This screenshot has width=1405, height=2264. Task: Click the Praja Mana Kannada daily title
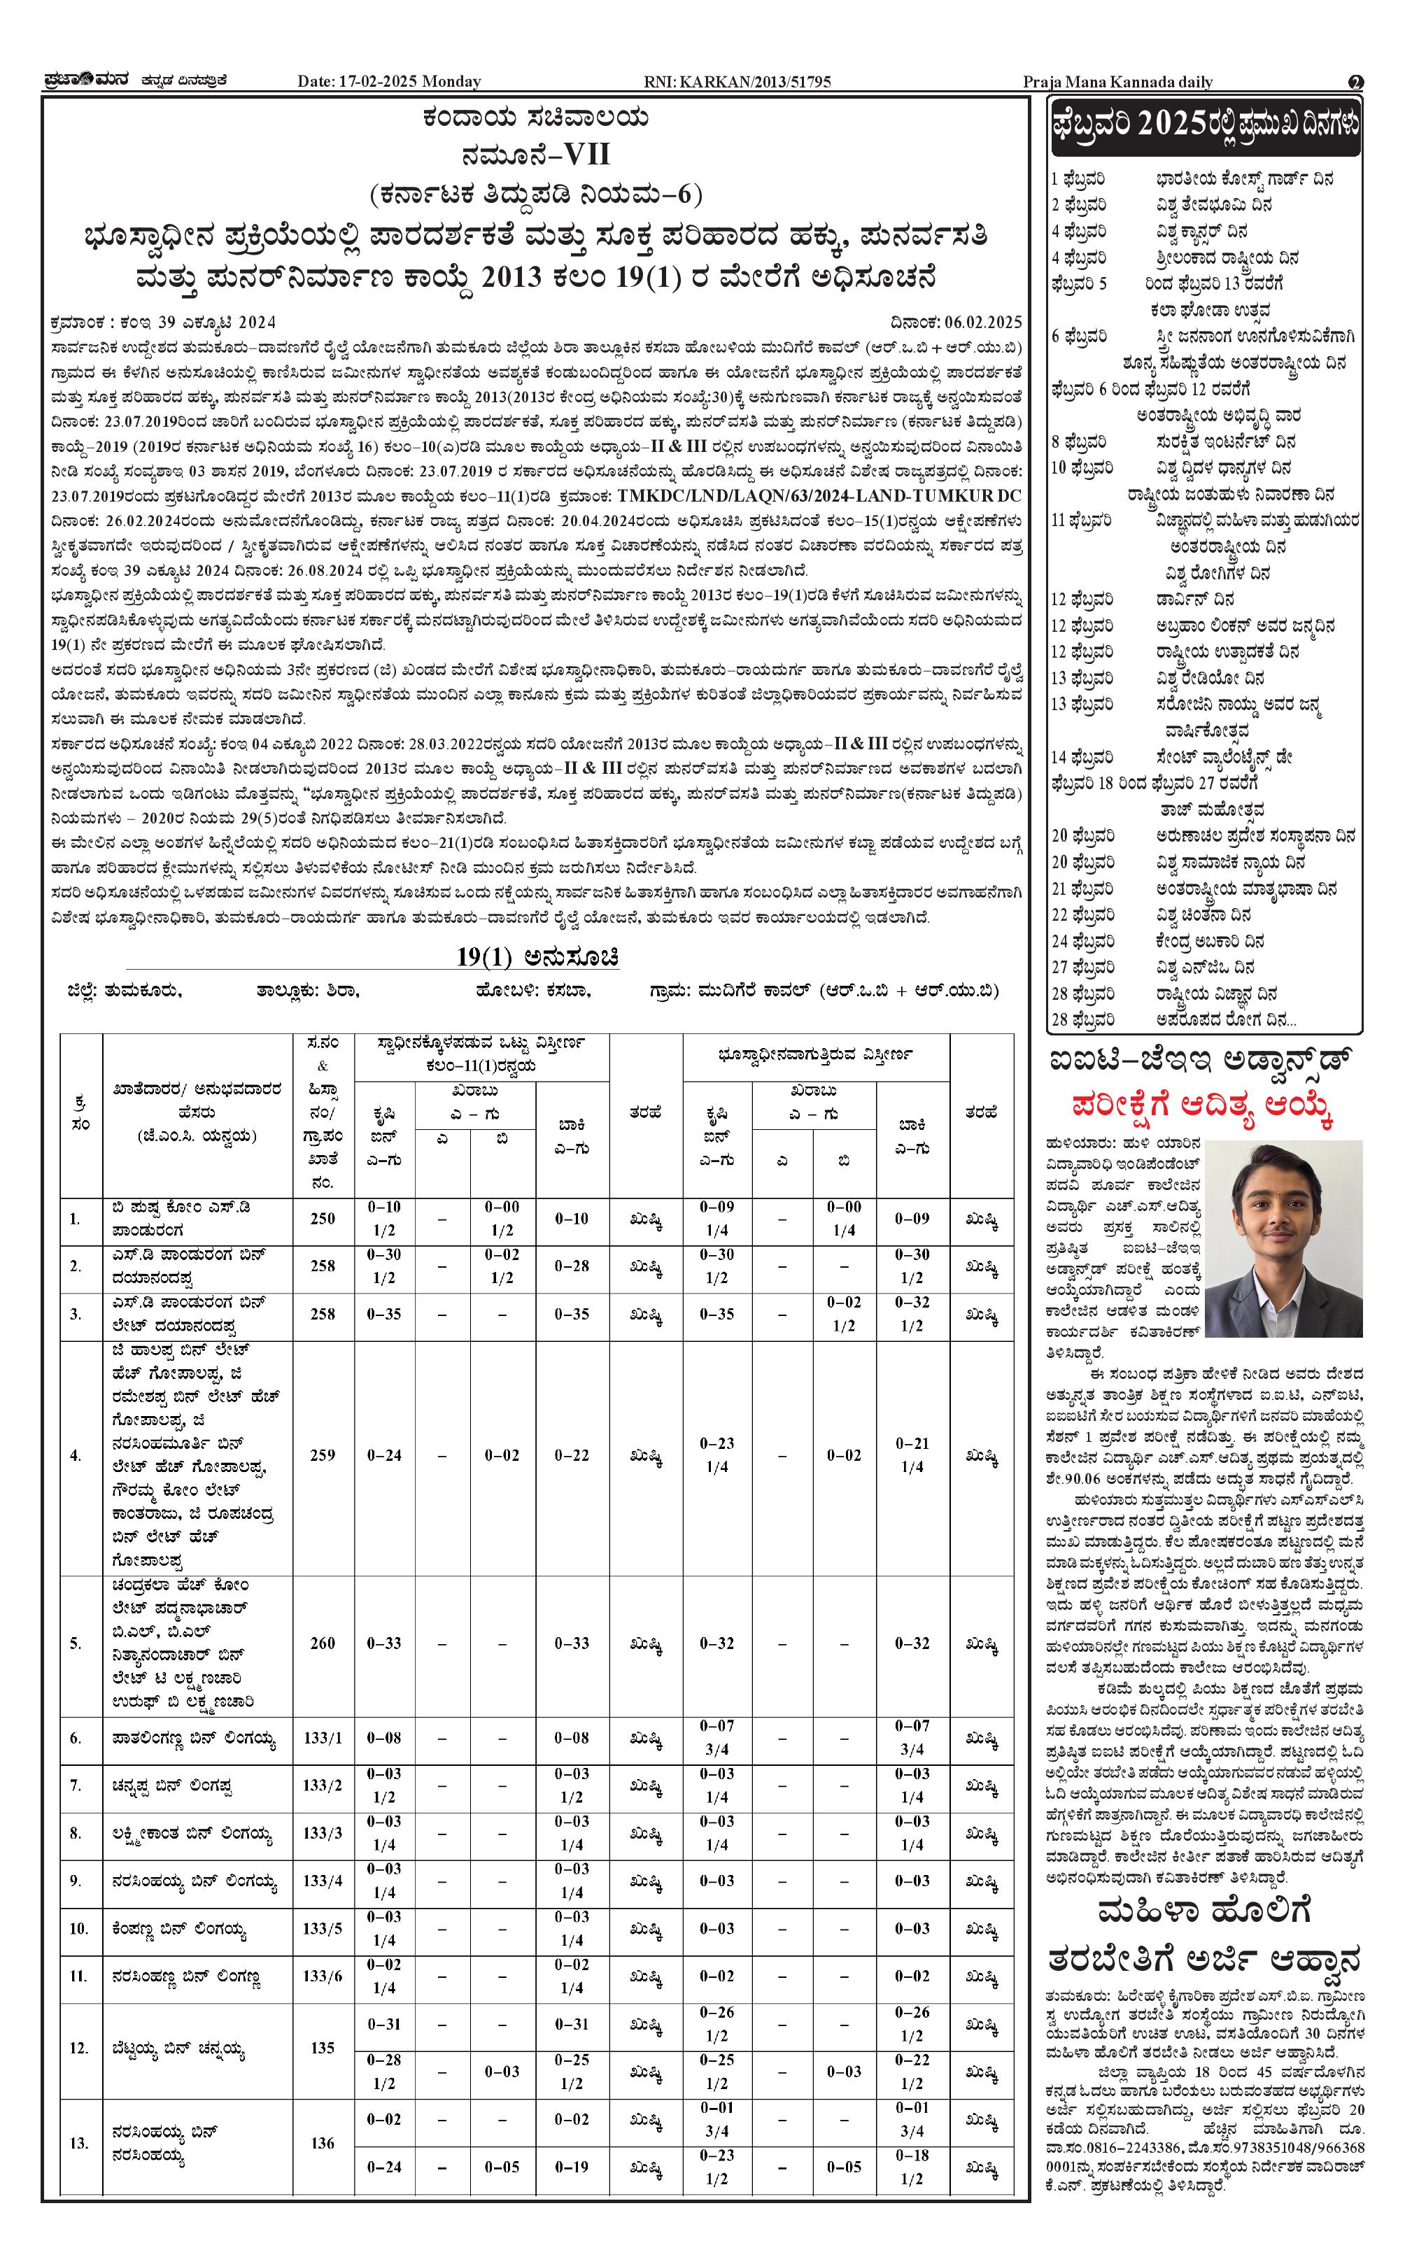coord(1118,82)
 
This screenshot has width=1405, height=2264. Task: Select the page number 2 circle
coord(1356,82)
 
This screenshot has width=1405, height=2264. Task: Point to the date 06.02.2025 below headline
coord(983,323)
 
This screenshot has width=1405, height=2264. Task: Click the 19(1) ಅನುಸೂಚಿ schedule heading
coord(537,957)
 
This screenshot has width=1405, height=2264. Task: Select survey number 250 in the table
coord(323,1218)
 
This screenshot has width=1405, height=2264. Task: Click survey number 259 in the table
coord(323,1455)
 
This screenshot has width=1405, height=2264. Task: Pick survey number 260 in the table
coord(323,1643)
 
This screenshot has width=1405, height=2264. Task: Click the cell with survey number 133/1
coord(323,1737)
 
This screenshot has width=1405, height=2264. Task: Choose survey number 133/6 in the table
coord(323,1976)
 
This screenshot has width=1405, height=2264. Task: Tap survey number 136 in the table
coord(323,2142)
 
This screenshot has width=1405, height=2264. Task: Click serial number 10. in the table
coord(78,1929)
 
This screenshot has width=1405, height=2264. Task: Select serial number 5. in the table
coord(76,1643)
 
